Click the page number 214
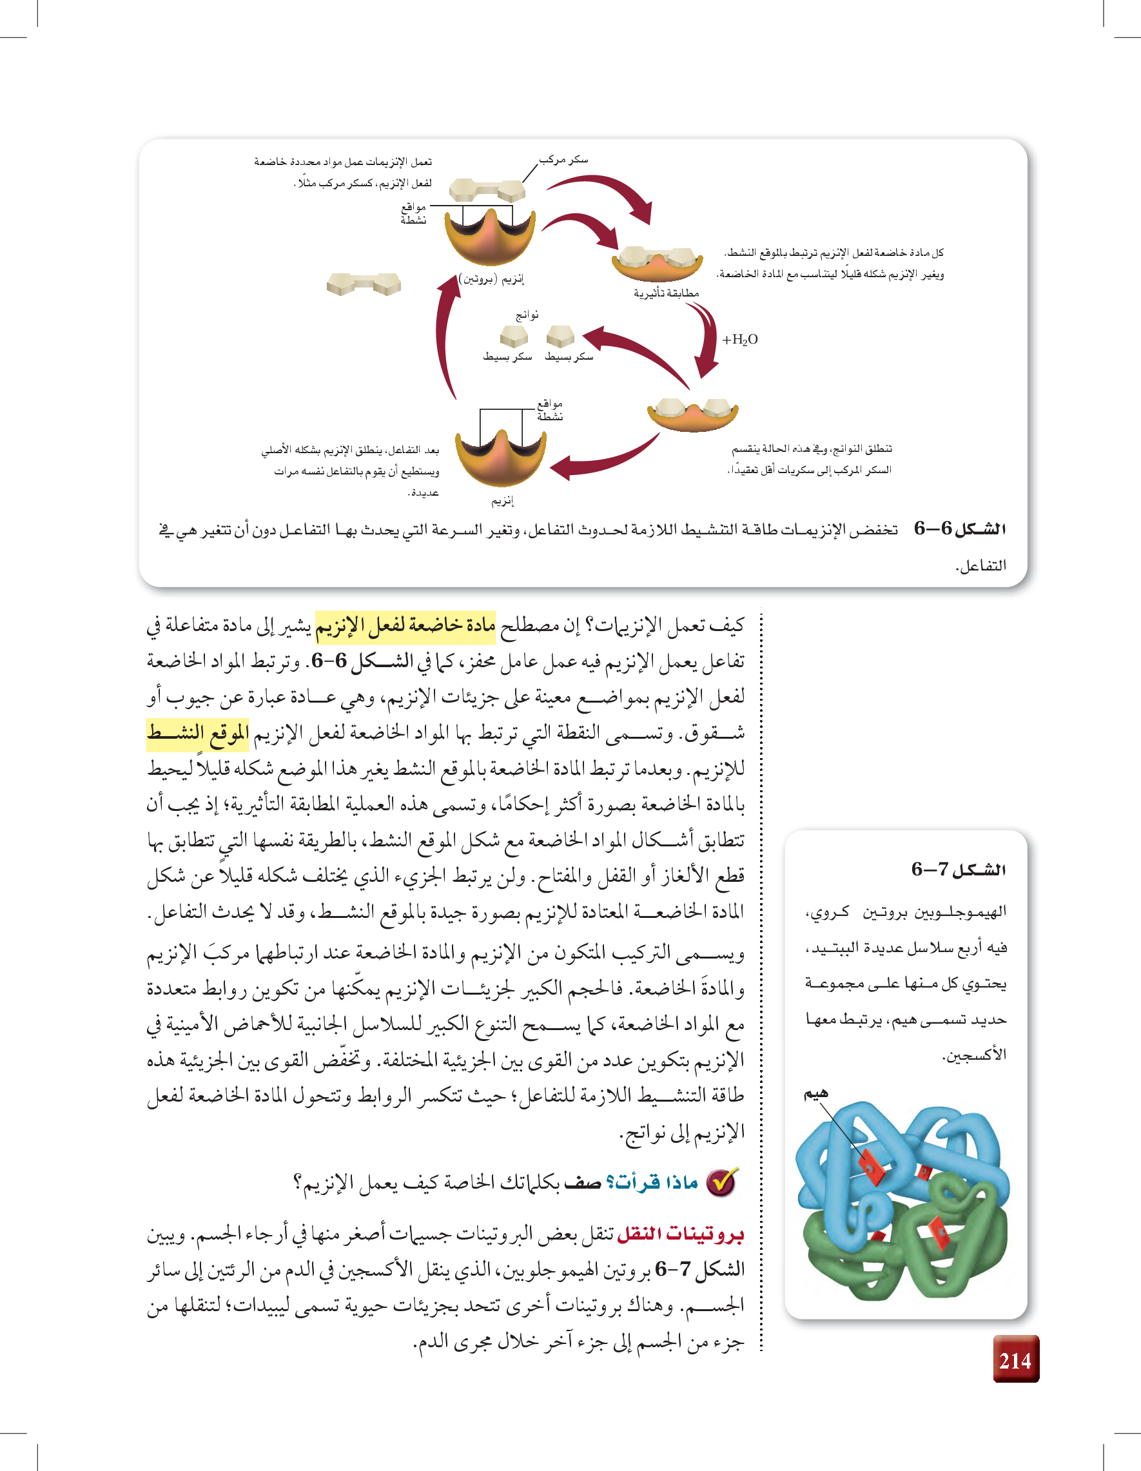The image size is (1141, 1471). click(1015, 1361)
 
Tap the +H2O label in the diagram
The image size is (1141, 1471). click(739, 340)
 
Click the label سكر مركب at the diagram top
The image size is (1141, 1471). click(564, 160)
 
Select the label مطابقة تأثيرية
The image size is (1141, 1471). click(665, 293)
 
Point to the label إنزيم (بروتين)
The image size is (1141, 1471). click(491, 278)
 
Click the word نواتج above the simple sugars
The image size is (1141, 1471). click(527, 315)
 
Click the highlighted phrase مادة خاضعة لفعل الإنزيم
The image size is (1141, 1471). click(405, 626)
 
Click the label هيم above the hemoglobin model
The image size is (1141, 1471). click(815, 1094)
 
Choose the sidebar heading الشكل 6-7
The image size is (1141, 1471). click(959, 870)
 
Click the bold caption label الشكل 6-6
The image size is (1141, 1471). click(960, 529)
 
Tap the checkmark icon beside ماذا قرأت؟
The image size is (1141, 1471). click(721, 1182)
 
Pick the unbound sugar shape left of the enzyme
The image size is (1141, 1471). click(364, 284)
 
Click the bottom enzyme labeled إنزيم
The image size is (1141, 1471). click(500, 454)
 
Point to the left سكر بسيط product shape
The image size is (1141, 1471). click(514, 335)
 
